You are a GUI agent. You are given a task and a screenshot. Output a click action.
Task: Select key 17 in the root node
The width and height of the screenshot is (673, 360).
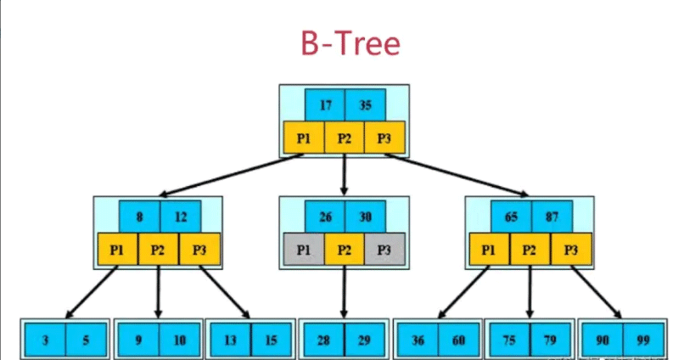[325, 106]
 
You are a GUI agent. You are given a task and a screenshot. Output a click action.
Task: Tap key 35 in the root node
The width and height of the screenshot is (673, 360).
[366, 106]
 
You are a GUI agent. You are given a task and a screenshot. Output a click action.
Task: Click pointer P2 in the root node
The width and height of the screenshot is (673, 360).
[345, 138]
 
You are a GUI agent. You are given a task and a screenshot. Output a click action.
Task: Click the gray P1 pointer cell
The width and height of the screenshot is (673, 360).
[303, 249]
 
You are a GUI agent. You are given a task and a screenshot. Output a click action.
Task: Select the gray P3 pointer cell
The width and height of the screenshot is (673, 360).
[384, 249]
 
